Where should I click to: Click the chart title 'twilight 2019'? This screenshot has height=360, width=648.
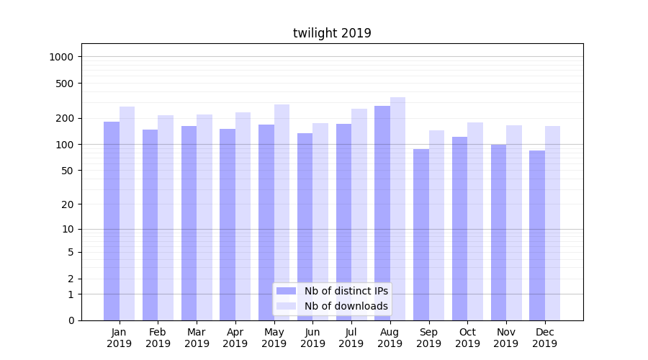click(x=332, y=33)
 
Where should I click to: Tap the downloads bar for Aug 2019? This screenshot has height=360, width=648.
click(x=397, y=209)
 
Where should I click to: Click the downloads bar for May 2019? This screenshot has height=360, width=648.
click(x=282, y=212)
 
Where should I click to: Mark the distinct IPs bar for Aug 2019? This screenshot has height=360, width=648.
click(x=382, y=213)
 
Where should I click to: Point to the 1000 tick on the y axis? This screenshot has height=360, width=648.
click(x=66, y=57)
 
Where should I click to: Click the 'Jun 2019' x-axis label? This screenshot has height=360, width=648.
click(x=312, y=338)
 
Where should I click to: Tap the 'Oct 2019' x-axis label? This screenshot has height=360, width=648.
click(x=467, y=338)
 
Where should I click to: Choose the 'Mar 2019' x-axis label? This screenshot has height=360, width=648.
click(x=197, y=338)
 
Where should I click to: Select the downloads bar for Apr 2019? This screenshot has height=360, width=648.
click(x=243, y=216)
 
